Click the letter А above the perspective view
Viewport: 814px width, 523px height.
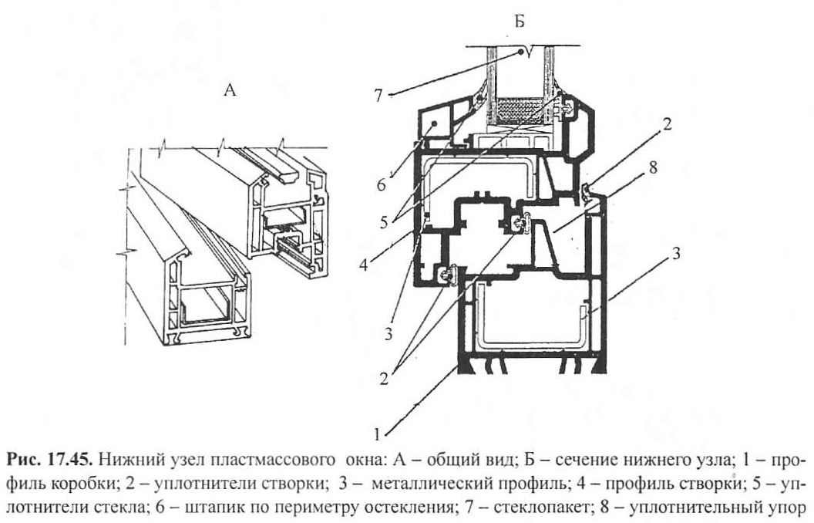tap(229, 89)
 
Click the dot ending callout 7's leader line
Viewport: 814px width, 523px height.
tap(523, 52)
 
